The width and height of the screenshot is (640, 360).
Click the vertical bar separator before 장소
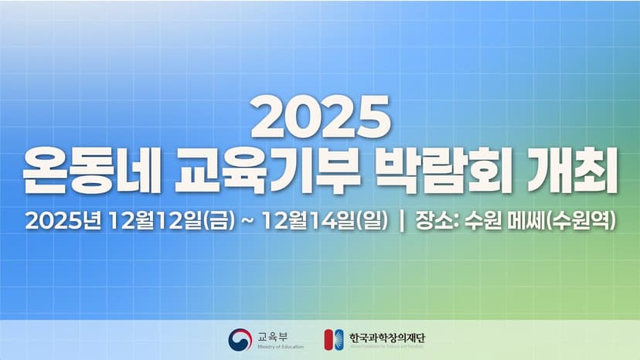(401, 221)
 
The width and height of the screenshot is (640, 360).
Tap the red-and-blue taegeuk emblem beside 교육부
(240, 339)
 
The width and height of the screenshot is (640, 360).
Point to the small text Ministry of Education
(280, 347)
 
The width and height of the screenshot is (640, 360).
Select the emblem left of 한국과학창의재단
(333, 339)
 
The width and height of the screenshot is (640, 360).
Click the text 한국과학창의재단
(387, 337)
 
